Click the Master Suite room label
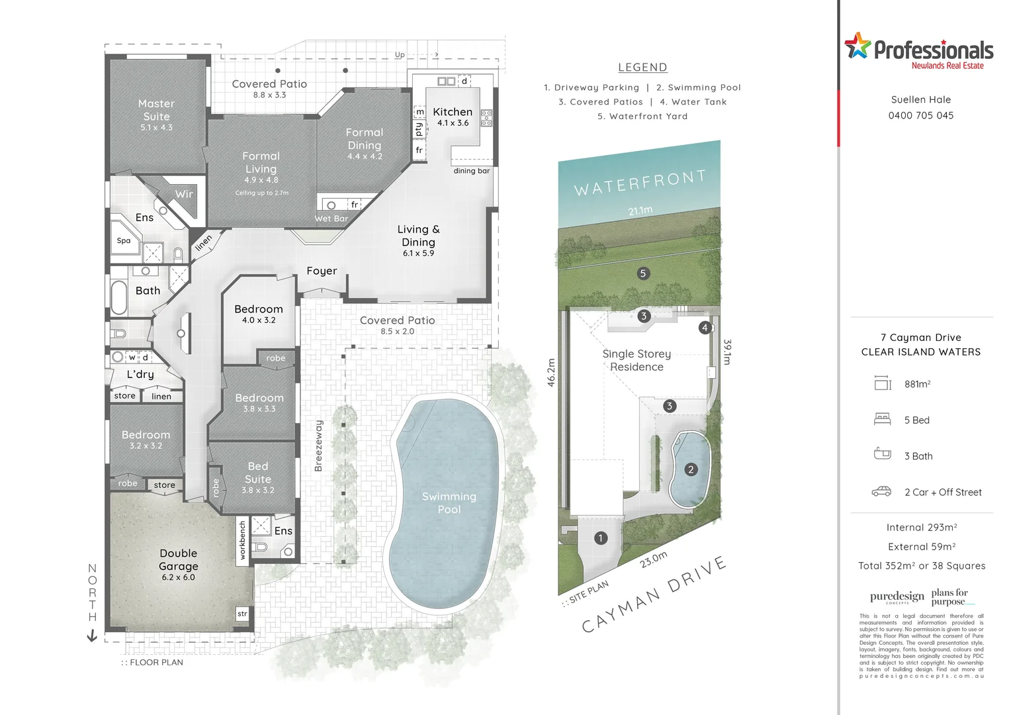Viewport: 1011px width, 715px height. (x=157, y=110)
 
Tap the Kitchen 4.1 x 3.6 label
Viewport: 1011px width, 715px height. (x=453, y=117)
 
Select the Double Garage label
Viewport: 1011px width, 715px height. (x=178, y=560)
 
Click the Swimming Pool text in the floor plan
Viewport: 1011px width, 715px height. (x=449, y=502)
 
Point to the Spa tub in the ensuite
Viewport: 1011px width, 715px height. (x=124, y=241)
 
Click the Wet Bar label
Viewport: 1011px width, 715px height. (x=331, y=218)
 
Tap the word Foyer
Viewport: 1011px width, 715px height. (x=322, y=271)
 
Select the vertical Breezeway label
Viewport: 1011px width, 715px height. (x=318, y=446)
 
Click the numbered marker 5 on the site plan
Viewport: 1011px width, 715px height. (x=642, y=273)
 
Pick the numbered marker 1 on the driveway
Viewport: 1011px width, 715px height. (x=600, y=538)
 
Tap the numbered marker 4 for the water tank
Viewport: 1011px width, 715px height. (x=705, y=328)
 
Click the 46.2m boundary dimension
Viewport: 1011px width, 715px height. (x=551, y=372)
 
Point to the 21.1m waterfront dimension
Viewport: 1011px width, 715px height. (x=640, y=211)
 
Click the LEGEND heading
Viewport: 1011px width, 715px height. (x=642, y=68)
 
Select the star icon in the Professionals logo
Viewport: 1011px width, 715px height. (x=857, y=46)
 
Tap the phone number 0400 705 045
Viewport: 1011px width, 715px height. (x=920, y=115)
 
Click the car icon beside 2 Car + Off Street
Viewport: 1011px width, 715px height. (x=881, y=491)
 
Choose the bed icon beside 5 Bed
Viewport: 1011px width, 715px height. (x=882, y=419)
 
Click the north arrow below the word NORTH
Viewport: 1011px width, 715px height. (x=92, y=636)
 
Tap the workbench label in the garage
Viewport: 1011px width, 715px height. (x=242, y=540)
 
